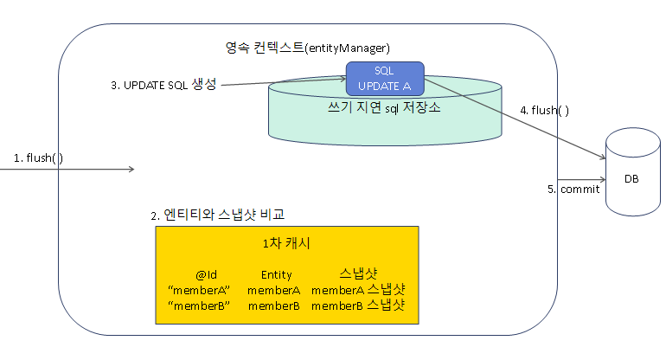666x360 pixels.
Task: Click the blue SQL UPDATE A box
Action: (385, 78)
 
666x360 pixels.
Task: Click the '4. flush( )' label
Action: (544, 111)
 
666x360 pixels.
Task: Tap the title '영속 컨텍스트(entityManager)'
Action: (307, 47)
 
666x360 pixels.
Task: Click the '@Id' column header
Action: (205, 275)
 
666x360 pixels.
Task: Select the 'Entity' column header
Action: (276, 275)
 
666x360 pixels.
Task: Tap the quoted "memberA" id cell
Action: (198, 290)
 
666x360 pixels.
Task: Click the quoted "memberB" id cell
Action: (198, 305)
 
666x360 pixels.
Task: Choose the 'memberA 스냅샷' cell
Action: (358, 290)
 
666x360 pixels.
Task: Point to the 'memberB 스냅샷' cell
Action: (358, 305)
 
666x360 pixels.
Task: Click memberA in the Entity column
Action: (273, 290)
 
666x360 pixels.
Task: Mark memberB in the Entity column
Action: (273, 305)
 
